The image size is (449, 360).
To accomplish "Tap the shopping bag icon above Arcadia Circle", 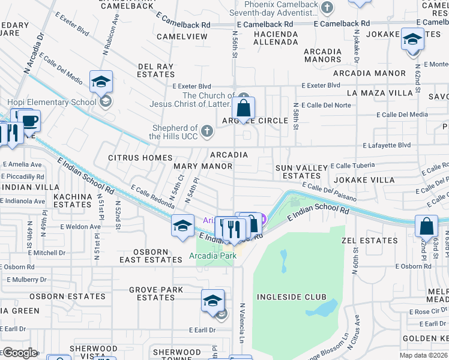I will pyautogui.click(x=243, y=109).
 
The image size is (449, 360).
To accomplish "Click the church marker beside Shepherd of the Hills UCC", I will pyautogui.click(x=206, y=130).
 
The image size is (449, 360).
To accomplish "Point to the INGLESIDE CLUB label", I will pyautogui.click(x=292, y=297).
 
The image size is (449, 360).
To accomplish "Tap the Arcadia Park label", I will pyautogui.click(x=212, y=256).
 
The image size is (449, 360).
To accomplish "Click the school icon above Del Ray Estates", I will pyautogui.click(x=101, y=82).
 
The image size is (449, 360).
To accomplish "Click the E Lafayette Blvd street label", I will pyautogui.click(x=387, y=145).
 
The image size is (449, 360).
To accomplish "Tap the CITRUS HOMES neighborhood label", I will pyautogui.click(x=140, y=158).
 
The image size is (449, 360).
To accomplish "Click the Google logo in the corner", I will pyautogui.click(x=20, y=353).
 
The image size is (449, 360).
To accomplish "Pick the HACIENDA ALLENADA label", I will pyautogui.click(x=276, y=38).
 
